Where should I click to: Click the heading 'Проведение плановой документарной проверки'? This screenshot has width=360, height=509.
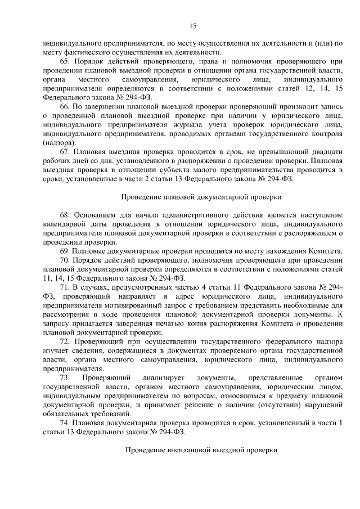pyautogui.click(x=202, y=197)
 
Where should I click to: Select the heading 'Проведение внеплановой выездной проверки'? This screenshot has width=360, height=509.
pyautogui.click(x=202, y=451)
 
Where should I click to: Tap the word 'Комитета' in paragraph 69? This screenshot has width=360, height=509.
pyautogui.click(x=324, y=250)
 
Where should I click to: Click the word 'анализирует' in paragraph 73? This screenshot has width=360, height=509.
pyautogui.click(x=162, y=377)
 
